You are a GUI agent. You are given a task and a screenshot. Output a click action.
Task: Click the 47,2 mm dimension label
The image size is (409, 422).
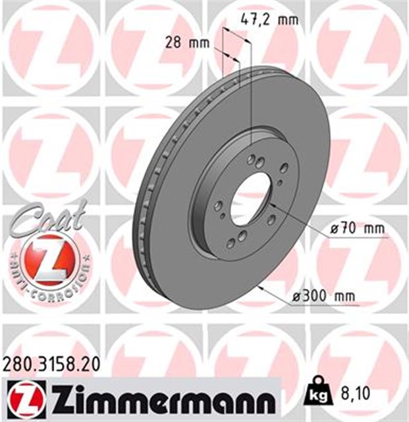point(269,20)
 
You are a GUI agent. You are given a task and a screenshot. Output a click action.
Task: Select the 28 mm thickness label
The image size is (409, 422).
point(187,43)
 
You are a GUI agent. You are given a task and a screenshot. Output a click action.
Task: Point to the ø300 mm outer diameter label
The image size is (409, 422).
point(324,296)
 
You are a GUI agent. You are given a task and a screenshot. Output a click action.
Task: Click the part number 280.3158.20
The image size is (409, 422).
point(51,365)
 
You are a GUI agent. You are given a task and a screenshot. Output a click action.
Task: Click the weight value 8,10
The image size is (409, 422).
point(355,394)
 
